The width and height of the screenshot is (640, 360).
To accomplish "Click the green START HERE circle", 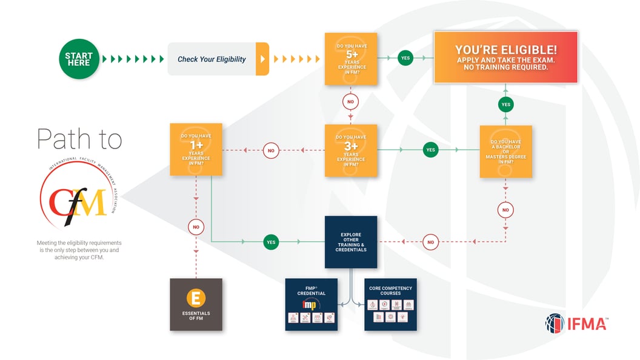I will (78, 59).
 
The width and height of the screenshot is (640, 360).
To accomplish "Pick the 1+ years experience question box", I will (196, 150).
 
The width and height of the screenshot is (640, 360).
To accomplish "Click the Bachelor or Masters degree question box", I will (505, 151).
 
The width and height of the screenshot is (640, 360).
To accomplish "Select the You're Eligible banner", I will (505, 58).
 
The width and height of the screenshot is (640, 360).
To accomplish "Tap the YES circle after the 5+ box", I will (405, 58).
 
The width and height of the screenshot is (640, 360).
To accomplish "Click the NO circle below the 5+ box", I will (350, 101).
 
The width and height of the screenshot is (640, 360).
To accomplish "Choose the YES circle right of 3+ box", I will (430, 150).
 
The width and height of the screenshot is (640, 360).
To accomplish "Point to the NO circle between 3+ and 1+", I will (271, 150).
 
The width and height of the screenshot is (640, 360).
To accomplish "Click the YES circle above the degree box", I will (505, 104).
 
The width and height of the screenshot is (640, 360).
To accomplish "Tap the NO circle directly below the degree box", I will (505, 210).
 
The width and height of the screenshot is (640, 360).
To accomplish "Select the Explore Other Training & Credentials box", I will (350, 242).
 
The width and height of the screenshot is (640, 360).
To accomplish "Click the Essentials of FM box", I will (196, 304).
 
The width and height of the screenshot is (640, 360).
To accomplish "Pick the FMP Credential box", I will (311, 304).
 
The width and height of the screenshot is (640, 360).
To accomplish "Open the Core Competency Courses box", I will (390, 304).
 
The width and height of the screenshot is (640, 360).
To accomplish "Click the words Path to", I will (79, 139).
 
